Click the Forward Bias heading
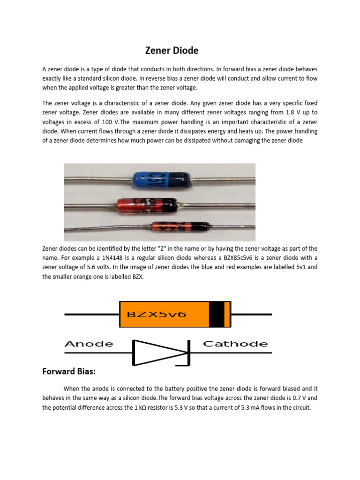(69, 371)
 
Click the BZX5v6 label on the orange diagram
(153, 314)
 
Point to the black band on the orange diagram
(216, 314)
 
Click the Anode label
(89, 344)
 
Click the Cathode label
(235, 344)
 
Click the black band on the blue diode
(180, 179)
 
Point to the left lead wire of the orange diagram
(91, 314)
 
